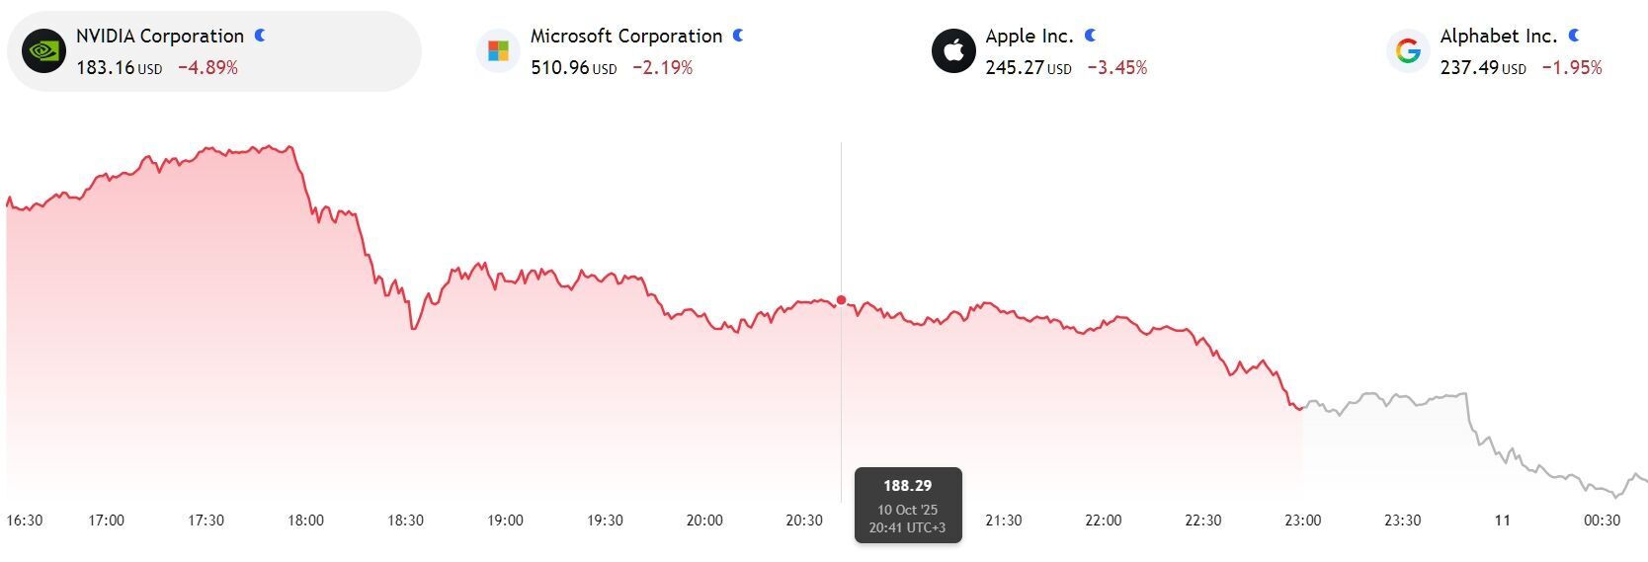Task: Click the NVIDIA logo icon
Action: pyautogui.click(x=43, y=51)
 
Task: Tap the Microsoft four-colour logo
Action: pyautogui.click(x=498, y=51)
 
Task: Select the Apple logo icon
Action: pyautogui.click(x=953, y=51)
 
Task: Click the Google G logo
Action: pyautogui.click(x=1408, y=51)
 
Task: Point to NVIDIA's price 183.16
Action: pyautogui.click(x=105, y=68)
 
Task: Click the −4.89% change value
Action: pyautogui.click(x=207, y=68)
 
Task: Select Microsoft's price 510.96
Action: pyautogui.click(x=559, y=68)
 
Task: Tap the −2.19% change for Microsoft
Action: pyautogui.click(x=662, y=68)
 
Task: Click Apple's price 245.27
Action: pyautogui.click(x=1014, y=68)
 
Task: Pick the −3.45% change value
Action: pyautogui.click(x=1116, y=68)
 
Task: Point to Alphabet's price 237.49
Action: pyautogui.click(x=1468, y=68)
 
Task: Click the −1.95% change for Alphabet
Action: pyautogui.click(x=1571, y=68)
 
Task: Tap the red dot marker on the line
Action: pyautogui.click(x=841, y=300)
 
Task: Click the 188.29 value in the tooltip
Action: pyautogui.click(x=907, y=486)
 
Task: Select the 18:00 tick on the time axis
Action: pyautogui.click(x=305, y=521)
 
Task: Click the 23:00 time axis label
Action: pyautogui.click(x=1302, y=521)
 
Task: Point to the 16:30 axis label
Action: pyautogui.click(x=25, y=521)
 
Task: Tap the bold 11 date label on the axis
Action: pyautogui.click(x=1502, y=521)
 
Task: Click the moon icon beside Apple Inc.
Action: pyautogui.click(x=1091, y=36)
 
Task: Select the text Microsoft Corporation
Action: pyautogui.click(x=626, y=37)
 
